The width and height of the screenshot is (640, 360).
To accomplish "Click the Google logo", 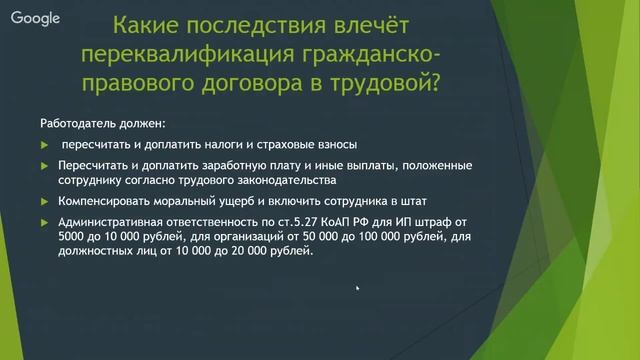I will [x=35, y=17].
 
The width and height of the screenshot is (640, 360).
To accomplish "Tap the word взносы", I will [x=331, y=144].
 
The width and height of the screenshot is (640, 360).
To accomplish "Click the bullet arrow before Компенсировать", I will [x=43, y=201].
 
